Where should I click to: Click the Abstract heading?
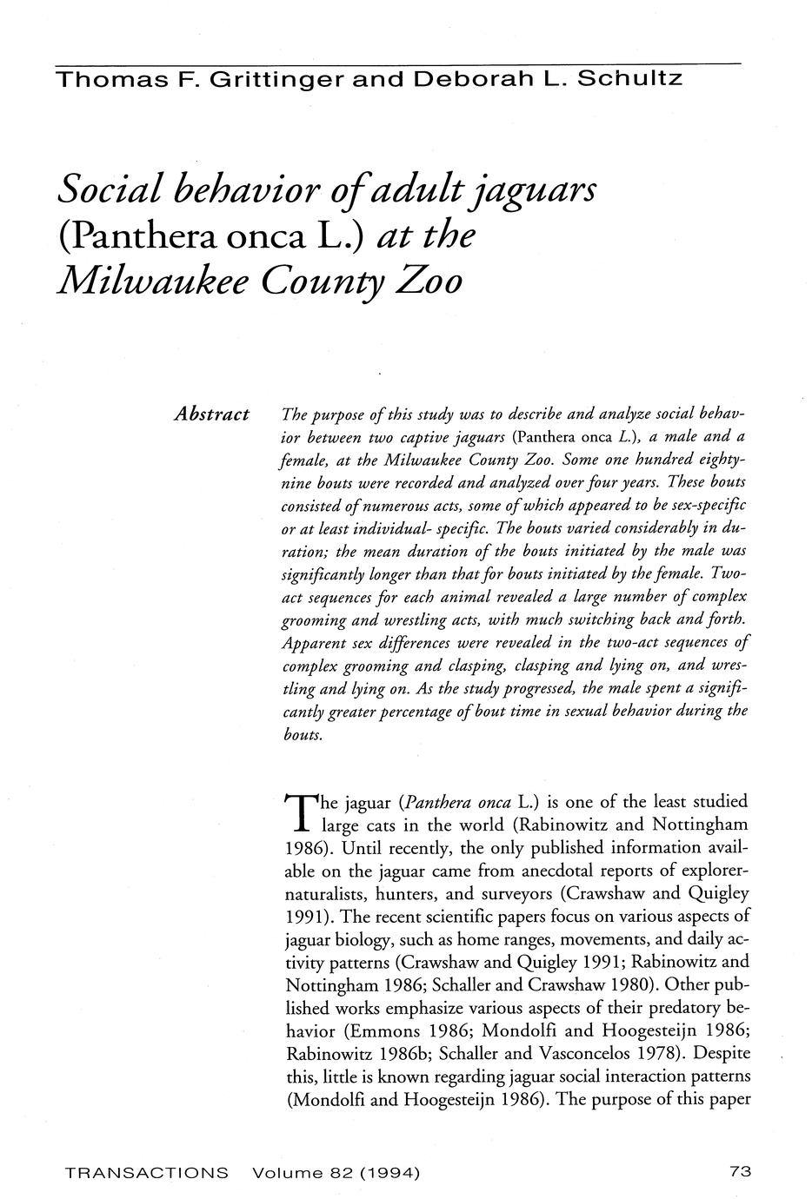(212, 414)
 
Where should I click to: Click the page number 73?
(740, 1172)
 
